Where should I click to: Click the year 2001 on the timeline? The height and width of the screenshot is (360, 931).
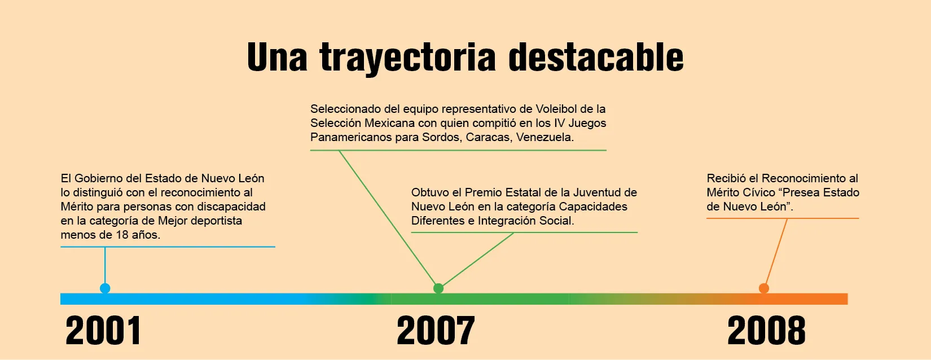[x=103, y=331]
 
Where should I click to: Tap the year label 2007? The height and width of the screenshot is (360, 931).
[x=436, y=331]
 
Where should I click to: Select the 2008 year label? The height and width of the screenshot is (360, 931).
[x=766, y=331]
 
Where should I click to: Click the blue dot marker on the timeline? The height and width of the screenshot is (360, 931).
[x=105, y=288]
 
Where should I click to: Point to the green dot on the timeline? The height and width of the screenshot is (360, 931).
[x=438, y=288]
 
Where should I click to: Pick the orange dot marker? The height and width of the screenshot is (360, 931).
[x=764, y=288]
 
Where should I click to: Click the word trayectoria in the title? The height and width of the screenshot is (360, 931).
[x=407, y=58]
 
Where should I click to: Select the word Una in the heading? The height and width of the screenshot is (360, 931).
[x=277, y=57]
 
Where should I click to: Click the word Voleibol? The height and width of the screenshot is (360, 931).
[x=556, y=109]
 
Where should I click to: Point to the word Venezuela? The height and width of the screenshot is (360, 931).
[x=545, y=137]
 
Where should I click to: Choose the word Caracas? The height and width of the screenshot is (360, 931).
[x=489, y=137]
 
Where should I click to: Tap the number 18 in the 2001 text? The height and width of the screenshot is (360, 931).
[x=122, y=235]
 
